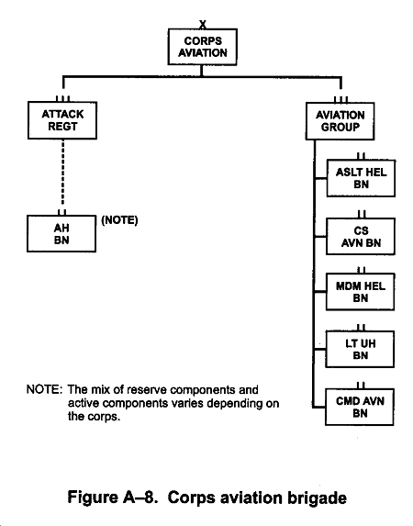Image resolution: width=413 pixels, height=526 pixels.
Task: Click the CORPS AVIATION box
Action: coord(203,47)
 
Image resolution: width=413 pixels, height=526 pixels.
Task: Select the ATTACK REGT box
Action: coord(62,120)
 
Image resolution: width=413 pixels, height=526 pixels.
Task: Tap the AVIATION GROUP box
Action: coord(340,121)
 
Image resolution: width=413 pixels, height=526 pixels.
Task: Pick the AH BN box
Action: coord(61,233)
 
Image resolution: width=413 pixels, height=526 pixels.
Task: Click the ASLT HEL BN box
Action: coord(361,178)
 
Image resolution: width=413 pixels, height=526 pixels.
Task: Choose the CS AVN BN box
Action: coord(361,237)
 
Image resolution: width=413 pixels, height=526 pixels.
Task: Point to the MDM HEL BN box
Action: coord(361,292)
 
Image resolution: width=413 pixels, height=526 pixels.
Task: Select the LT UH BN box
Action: coord(360,349)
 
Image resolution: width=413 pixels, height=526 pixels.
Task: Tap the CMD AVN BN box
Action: coord(360,407)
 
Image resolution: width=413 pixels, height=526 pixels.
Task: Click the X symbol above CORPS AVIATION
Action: coord(203,25)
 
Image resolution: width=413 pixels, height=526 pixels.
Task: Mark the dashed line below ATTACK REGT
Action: coord(62,173)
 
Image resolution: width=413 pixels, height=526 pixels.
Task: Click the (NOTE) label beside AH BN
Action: coord(120,220)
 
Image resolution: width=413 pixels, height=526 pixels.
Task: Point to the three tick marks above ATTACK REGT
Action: coord(62,98)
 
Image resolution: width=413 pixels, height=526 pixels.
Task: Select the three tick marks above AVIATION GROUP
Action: coord(340,100)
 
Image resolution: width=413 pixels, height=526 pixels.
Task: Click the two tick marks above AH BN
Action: coord(62,212)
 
